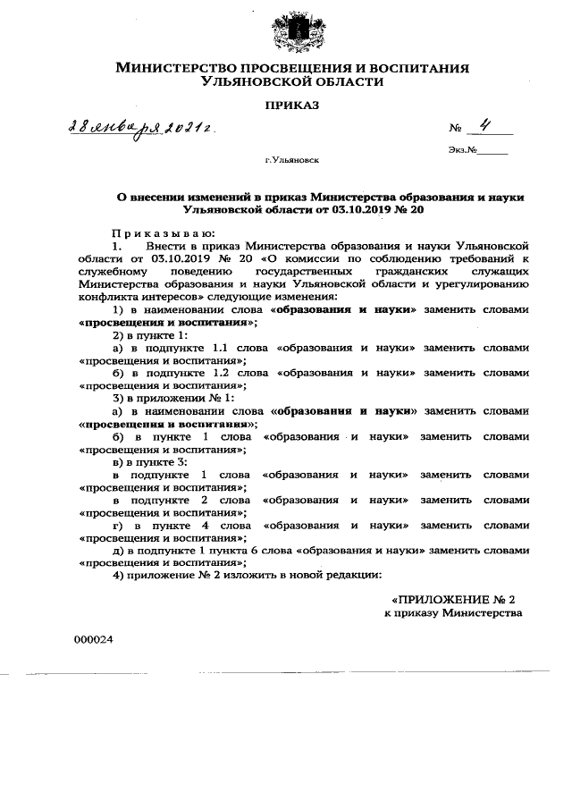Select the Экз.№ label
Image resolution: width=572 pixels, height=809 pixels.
(x=461, y=151)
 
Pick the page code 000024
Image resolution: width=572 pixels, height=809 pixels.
(x=93, y=640)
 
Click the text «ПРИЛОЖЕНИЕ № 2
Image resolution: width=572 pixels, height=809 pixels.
(x=455, y=597)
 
